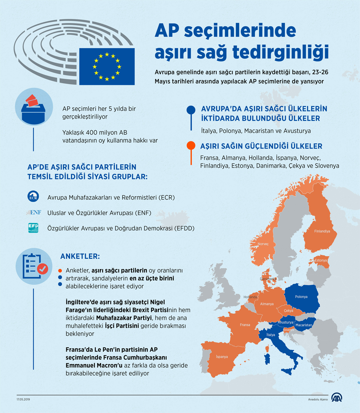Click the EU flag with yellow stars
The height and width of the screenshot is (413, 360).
pos(107,67)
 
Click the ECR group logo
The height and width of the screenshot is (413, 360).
pos(33,196)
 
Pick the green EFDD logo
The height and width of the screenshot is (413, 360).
pos(33,228)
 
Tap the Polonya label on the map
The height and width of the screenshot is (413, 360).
pos(301,297)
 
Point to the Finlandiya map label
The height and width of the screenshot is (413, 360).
pos(322,231)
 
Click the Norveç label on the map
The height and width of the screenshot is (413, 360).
pos(263,244)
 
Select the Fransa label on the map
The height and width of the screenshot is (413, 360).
pos(245,325)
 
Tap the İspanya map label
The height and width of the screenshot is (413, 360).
pos(222,357)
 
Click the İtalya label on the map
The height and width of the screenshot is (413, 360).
pos(271,335)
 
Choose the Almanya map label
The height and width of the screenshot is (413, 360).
pos(267,304)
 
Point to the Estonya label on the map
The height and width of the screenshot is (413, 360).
pos(321,260)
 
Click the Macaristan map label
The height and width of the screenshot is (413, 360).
pos(304,325)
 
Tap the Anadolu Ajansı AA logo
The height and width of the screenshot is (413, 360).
pos(337,398)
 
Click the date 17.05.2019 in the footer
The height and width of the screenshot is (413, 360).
pos(23,400)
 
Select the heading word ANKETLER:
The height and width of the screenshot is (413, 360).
pos(80,256)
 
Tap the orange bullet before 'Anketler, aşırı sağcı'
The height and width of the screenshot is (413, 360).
pos(60,271)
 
